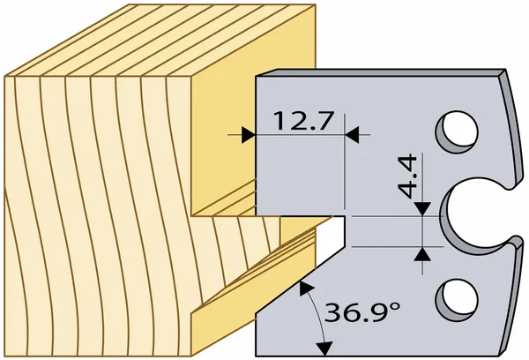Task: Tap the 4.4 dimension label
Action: point(407,176)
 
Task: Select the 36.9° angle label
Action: point(362,312)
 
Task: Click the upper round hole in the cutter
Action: point(457,132)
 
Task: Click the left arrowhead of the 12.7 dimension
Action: point(249,135)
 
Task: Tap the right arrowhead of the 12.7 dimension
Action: point(352,135)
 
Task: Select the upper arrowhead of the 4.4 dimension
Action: point(422,209)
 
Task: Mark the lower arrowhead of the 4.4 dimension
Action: point(422,254)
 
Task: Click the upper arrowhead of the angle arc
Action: point(305,288)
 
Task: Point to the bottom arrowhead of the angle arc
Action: point(324,349)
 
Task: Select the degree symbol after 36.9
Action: point(395,307)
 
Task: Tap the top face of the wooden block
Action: point(159,41)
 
